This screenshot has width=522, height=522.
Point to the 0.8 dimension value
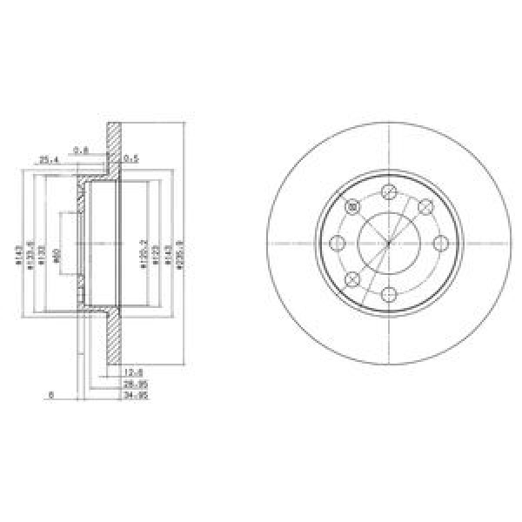click(x=81, y=150)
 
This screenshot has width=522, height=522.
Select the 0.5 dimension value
click(x=131, y=159)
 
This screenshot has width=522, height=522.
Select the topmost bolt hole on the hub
click(x=388, y=191)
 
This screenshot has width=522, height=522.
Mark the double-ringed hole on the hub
click(x=352, y=206)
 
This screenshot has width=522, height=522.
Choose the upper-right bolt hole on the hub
click(x=425, y=206)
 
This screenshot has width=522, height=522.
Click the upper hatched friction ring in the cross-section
click(x=111, y=148)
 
